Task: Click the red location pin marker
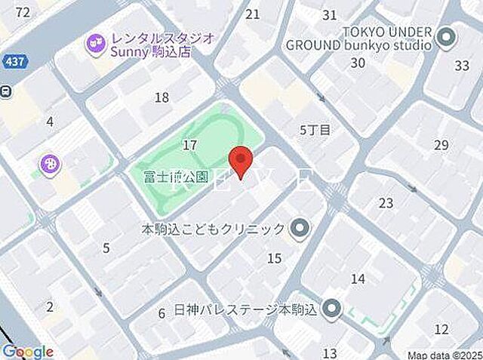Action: point(240,162)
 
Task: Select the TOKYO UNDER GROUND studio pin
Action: point(446,35)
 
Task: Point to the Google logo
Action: point(27,351)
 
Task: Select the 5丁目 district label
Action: point(315,130)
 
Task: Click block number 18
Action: point(162,97)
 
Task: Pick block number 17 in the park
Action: point(189,144)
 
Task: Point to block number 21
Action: point(253,14)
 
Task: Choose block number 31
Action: point(329,14)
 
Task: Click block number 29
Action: point(441,145)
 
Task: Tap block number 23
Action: point(386,203)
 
